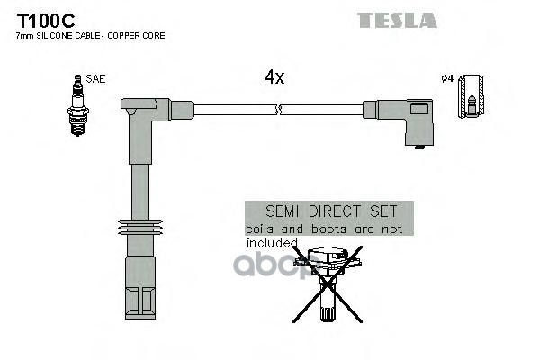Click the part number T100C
42,18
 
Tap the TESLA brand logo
397,20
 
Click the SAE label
96,79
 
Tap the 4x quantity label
274,77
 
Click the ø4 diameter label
446,79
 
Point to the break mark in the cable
280,111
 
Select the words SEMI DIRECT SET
328,213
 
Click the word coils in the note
263,229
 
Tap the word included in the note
272,242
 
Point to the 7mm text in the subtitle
23,35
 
